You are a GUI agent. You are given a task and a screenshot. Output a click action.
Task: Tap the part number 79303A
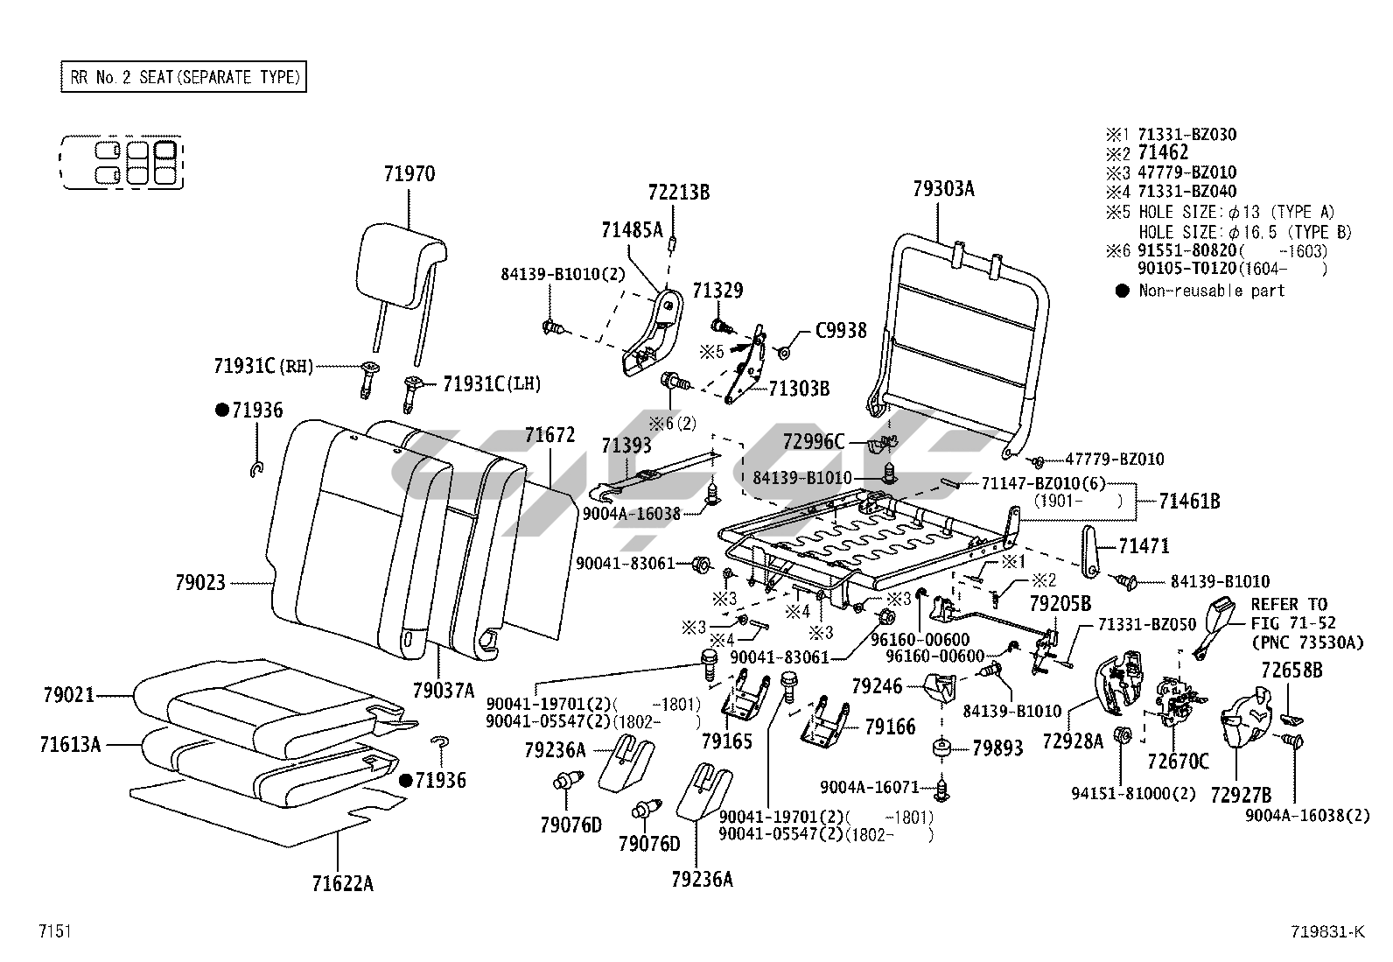[942, 188]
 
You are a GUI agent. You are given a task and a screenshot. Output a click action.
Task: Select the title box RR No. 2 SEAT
[183, 77]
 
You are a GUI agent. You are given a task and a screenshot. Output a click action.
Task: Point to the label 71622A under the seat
[343, 882]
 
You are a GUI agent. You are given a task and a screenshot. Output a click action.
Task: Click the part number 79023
[199, 582]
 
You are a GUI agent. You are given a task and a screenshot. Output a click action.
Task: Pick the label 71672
[549, 435]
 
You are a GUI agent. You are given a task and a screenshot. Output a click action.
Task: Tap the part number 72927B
[1241, 795]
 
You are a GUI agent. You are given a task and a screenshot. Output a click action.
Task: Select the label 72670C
[1178, 762]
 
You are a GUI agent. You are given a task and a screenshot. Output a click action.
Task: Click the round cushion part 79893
[943, 749]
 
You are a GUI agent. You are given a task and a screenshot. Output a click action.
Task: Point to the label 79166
[890, 727]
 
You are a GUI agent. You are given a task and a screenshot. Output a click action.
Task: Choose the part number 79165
[726, 741]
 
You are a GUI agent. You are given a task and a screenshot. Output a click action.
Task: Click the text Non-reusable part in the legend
[1211, 291]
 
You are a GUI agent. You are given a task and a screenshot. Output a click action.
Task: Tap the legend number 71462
[1163, 153]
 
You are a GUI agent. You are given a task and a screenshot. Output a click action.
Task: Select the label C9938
[841, 331]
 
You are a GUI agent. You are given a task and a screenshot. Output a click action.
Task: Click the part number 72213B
[679, 192]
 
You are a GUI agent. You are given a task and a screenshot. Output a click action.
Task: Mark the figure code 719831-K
[1326, 931]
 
